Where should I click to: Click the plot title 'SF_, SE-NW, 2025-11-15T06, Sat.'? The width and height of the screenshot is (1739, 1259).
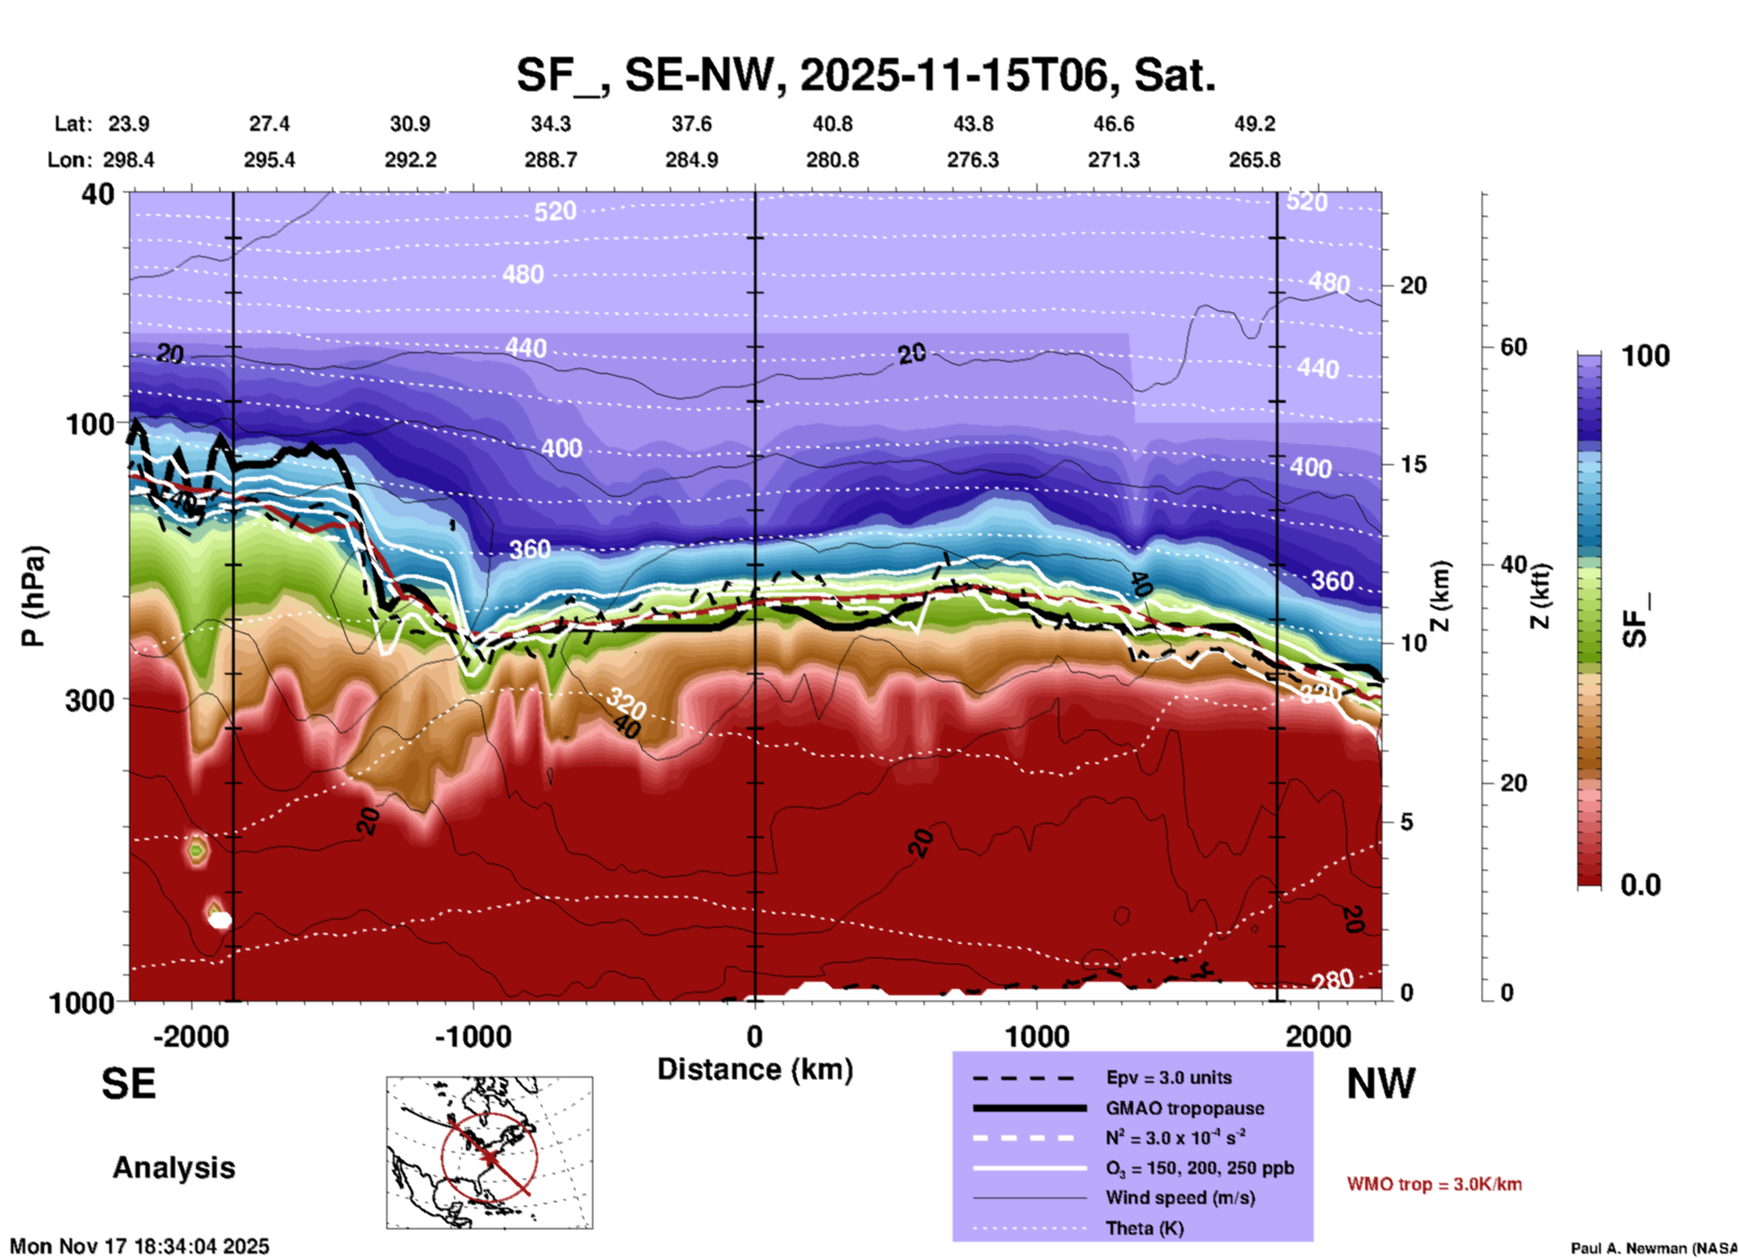click(866, 75)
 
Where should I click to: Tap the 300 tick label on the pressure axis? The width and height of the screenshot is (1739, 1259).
click(89, 700)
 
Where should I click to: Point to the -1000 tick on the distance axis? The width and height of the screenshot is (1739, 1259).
click(473, 1036)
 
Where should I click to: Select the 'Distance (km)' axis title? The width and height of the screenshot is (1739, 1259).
click(755, 1069)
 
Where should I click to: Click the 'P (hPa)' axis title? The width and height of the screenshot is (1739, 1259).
click(33, 596)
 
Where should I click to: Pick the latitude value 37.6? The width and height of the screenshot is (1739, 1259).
click(691, 124)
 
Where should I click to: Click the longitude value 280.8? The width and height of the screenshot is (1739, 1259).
click(832, 160)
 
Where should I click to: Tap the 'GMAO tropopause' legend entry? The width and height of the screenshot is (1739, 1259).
click(1184, 1108)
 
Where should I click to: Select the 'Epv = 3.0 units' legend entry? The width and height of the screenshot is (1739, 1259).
click(1168, 1077)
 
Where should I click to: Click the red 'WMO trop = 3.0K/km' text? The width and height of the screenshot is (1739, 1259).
click(1434, 1184)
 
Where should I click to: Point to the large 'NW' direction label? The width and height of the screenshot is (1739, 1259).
click(1381, 1084)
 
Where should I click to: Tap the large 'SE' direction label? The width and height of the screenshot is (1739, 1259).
click(128, 1084)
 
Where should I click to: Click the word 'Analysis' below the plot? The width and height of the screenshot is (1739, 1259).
click(173, 1168)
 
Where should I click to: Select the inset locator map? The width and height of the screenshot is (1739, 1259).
click(489, 1152)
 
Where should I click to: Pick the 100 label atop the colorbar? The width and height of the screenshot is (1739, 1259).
click(1645, 356)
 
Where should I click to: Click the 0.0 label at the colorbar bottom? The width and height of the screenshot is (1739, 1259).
click(1640, 885)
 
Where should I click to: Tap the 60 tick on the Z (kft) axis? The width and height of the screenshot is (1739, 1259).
click(1513, 347)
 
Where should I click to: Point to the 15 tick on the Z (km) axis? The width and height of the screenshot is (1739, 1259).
click(1413, 464)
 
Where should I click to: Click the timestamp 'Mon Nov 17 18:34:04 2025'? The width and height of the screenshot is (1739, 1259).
click(140, 1246)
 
